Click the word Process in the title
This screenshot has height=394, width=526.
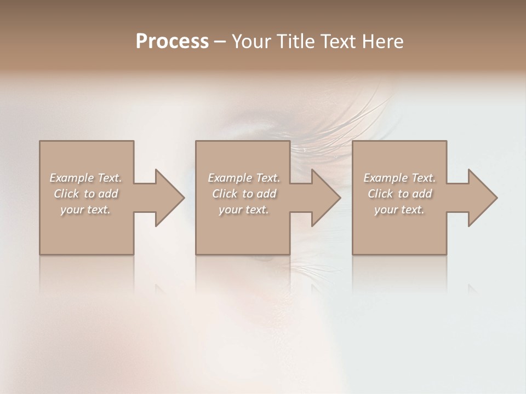coord(172,42)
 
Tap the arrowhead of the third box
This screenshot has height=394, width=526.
coord(482,198)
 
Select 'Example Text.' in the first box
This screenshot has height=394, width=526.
coord(85,178)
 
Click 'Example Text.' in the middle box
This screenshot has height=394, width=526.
coord(244,178)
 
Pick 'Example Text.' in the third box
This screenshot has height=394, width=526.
coord(399,178)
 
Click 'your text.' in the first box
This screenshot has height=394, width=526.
coord(85,210)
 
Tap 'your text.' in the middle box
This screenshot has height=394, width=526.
coord(244,210)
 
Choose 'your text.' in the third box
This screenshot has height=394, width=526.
coord(399,210)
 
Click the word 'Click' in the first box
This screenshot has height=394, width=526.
coord(66,194)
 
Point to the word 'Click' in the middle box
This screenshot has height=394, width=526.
coord(224,194)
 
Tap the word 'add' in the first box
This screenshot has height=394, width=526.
coord(108,194)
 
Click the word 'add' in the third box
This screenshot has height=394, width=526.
coord(422,194)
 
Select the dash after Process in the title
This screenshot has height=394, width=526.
coord(220,42)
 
